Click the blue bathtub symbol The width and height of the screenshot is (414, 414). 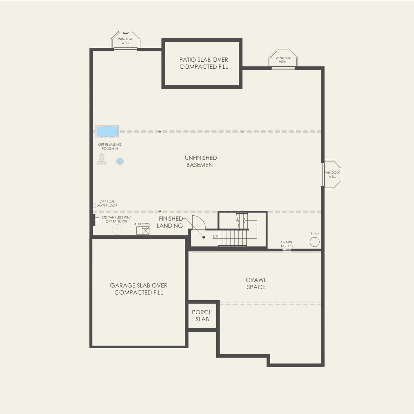tap(107, 132)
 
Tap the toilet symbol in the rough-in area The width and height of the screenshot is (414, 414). tap(101, 159)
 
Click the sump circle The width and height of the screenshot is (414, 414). tap(315, 242)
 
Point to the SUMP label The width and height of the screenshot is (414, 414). tap(315, 234)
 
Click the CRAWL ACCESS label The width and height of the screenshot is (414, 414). tap(287, 244)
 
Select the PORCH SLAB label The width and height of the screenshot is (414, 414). tap(202, 316)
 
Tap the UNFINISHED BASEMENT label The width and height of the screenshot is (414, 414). tap(201, 161)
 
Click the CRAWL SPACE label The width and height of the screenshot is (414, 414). tap(256, 284)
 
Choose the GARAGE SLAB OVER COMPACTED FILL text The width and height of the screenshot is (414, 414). tap(139, 289)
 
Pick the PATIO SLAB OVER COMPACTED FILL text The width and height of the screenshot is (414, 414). tap(203, 63)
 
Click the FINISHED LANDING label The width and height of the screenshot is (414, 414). tap(170, 222)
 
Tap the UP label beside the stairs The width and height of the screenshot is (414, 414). tap(216, 237)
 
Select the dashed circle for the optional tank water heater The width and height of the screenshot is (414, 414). tap(117, 230)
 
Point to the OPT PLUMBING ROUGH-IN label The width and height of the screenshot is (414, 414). tap(110, 146)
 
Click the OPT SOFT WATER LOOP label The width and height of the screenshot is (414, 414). tap(107, 204)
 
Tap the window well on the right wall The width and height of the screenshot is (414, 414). tap(332, 174)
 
